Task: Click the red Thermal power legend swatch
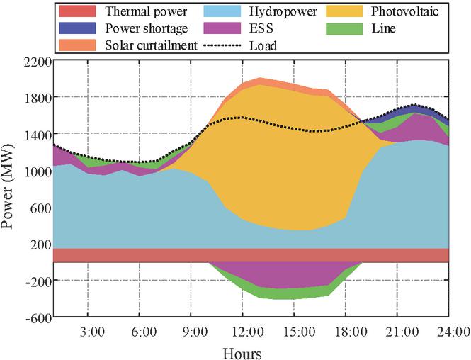79,11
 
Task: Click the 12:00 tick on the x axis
243,331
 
